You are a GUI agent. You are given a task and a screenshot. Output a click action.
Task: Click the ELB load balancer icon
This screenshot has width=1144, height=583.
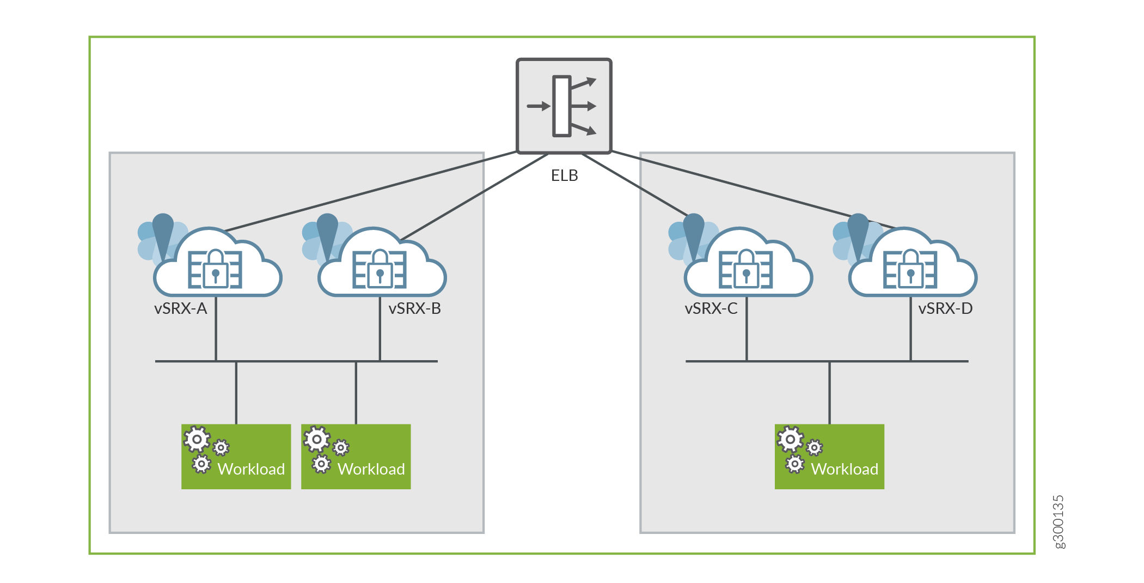[x=564, y=106]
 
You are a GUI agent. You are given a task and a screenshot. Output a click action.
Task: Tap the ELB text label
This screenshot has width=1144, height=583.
[x=564, y=175]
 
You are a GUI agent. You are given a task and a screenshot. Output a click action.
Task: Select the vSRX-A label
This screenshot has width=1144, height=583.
[x=180, y=309]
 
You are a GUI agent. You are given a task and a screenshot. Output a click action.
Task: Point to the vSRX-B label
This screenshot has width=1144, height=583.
[x=414, y=309]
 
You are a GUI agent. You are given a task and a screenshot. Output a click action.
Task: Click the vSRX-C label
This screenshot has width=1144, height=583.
[x=711, y=309]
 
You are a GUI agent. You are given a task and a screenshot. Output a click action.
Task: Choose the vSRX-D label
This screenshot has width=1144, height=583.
[x=945, y=309]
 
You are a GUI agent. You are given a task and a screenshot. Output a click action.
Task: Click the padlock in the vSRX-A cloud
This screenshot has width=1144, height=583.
[x=216, y=269]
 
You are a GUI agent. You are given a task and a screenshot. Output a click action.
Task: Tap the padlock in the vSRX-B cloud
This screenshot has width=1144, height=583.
[x=380, y=269]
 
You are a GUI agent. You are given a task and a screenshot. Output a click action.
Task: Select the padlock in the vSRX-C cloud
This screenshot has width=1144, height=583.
[x=747, y=269]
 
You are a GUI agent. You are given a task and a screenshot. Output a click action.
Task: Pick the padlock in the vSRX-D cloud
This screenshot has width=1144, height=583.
[x=911, y=269]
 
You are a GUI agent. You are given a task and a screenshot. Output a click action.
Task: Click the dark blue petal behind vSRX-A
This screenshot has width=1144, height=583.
[x=163, y=232]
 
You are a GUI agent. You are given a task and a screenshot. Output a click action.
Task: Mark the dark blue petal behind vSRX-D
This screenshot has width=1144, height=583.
[x=858, y=232]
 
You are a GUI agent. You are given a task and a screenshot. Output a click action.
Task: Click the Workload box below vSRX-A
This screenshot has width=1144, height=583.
[x=236, y=457]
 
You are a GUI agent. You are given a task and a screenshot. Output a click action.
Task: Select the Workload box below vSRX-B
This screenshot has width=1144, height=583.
[x=356, y=457]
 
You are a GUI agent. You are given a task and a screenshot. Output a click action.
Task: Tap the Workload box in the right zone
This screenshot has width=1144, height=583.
[x=829, y=457]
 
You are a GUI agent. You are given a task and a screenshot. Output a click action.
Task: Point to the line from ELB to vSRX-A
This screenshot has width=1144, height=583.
[x=370, y=192]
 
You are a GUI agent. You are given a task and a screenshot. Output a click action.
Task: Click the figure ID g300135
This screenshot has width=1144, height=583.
[x=1058, y=521]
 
